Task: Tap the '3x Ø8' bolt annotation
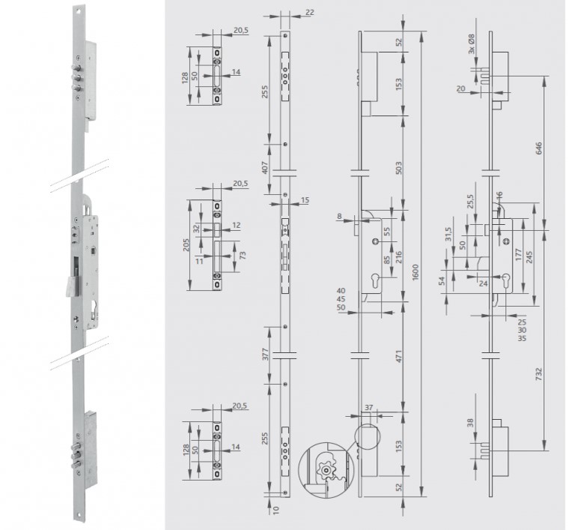(x=471, y=44)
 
